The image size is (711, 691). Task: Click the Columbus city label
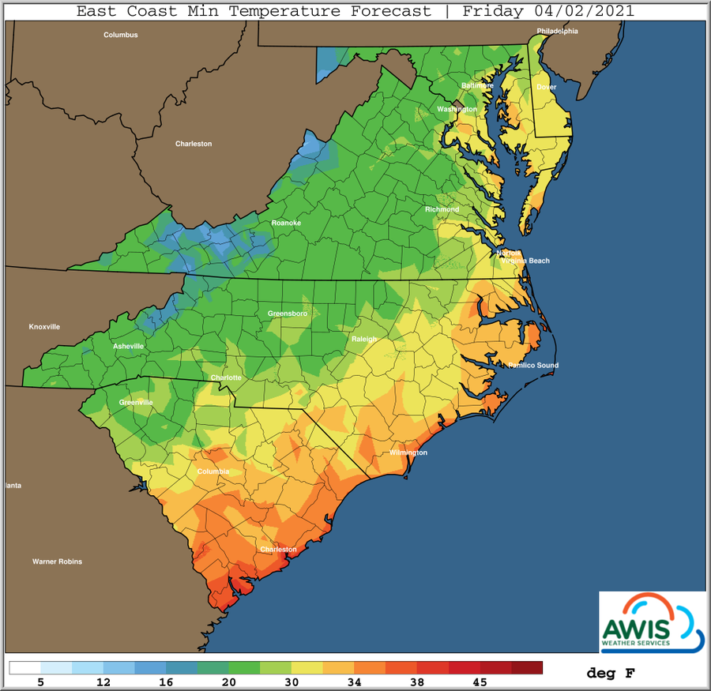[121, 35]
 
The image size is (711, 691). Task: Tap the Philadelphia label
[558, 32]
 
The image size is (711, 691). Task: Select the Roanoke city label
[285, 223]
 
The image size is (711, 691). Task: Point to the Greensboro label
[288, 314]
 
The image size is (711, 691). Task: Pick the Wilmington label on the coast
[408, 453]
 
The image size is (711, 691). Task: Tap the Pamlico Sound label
[533, 366]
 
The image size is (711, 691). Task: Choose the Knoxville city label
[44, 327]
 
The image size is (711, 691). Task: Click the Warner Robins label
[57, 561]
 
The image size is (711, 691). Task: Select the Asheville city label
[129, 346]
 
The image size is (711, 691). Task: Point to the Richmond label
[442, 209]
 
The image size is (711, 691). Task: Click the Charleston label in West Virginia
[194, 144]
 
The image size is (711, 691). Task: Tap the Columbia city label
[213, 471]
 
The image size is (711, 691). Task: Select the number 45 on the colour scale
[480, 682]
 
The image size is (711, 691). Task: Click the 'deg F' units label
[610, 674]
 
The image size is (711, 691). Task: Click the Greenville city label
[137, 402]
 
